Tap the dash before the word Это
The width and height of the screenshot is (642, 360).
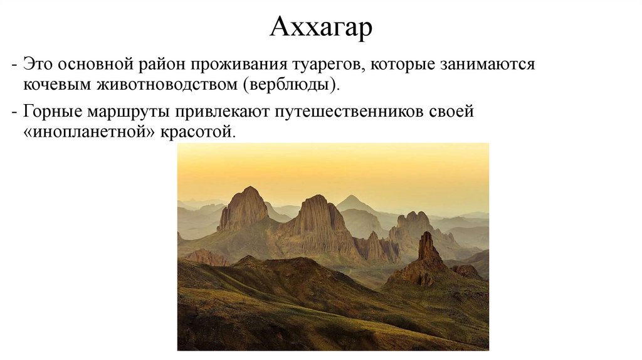pyautogui.click(x=14, y=65)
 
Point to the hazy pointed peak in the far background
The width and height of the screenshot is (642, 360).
pyautogui.click(x=353, y=202)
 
